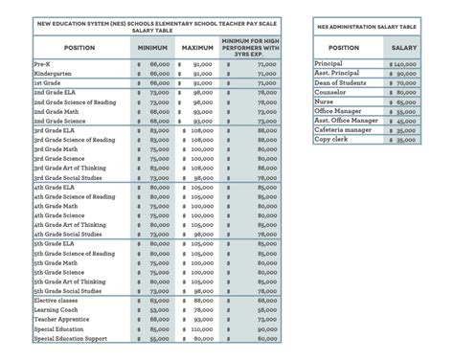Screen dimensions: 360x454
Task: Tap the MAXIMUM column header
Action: point(196,46)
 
